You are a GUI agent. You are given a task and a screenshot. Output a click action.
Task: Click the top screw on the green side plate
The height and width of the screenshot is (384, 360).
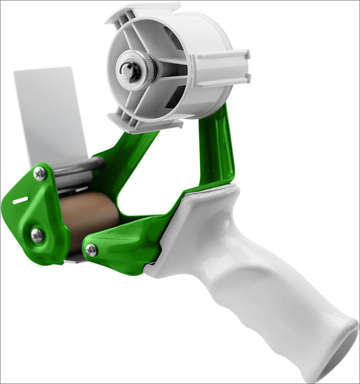[x=40, y=174]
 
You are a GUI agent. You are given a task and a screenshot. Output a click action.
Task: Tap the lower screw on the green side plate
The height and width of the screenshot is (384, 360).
[x=37, y=235]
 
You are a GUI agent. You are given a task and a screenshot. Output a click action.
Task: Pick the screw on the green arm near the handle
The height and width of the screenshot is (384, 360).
[x=91, y=250]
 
